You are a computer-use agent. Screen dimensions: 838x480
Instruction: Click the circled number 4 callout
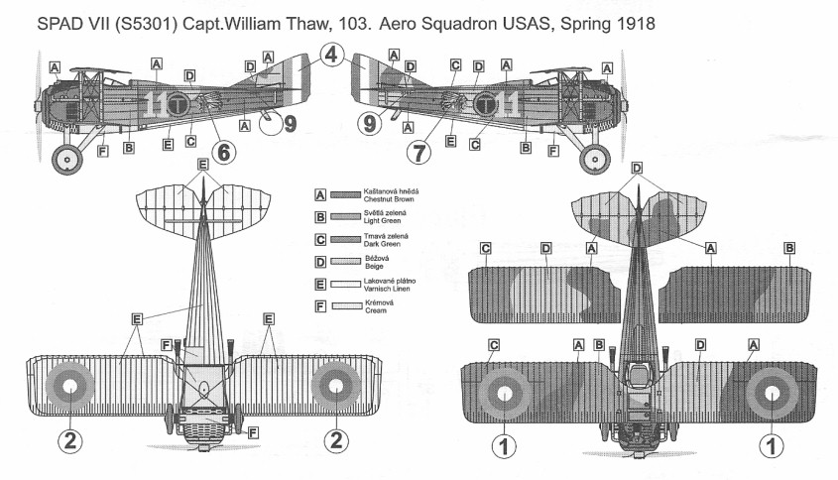point(332,55)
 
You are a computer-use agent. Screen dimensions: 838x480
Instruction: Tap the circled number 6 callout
point(224,152)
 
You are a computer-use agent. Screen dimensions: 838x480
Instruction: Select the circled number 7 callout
point(419,153)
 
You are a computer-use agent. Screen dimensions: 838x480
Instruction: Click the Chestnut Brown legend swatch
point(345,195)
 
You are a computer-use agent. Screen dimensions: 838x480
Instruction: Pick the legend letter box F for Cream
point(320,306)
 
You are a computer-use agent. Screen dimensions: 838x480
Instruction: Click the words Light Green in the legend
point(382,221)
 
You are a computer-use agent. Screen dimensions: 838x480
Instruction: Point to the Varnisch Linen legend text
point(387,289)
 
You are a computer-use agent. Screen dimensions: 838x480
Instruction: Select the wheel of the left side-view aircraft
point(67,159)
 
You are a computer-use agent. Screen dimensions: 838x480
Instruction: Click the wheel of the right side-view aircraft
point(594,159)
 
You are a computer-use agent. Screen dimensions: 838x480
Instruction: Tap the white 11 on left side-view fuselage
point(155,104)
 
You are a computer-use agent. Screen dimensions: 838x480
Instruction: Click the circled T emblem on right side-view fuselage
point(484,104)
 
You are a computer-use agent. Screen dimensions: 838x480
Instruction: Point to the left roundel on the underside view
point(70,386)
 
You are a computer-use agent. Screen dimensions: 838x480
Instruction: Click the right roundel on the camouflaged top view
point(772,394)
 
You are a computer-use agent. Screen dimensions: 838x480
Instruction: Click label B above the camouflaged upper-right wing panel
point(788,248)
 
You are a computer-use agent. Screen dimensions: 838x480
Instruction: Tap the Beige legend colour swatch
point(345,262)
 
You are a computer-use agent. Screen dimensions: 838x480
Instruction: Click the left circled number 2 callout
point(70,441)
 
